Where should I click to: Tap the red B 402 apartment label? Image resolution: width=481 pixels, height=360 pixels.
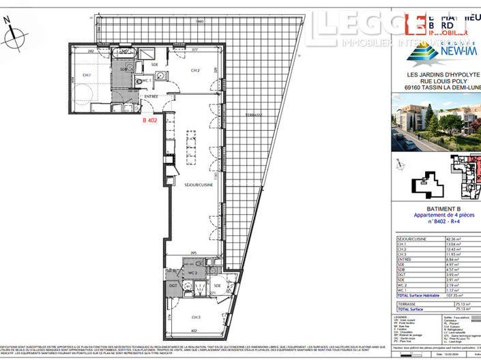pyautogui.click(x=151, y=120)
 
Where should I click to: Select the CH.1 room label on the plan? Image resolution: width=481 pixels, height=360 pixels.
pyautogui.click(x=87, y=75)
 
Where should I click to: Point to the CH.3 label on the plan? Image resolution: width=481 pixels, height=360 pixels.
pyautogui.click(x=196, y=318)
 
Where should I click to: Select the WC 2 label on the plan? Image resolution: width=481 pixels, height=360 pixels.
pyautogui.click(x=193, y=273)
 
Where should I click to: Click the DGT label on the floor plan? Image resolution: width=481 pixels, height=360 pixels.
pyautogui.click(x=173, y=286)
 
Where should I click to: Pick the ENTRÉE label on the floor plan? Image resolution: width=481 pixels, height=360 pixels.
pyautogui.click(x=151, y=97)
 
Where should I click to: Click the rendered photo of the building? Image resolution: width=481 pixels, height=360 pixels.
pyautogui.click(x=436, y=123)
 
